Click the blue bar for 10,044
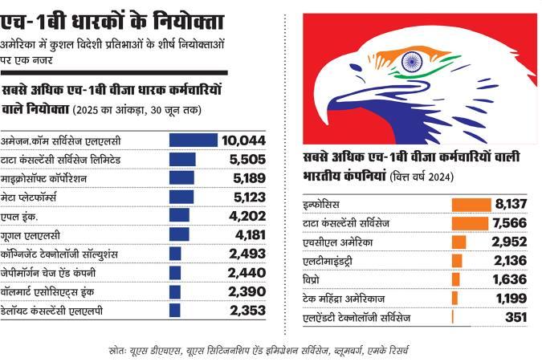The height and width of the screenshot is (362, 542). point(193,140)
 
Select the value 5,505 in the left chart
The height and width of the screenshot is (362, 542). point(247,159)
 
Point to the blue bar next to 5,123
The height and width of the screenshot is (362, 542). point(181,197)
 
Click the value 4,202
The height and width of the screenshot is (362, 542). point(247,215)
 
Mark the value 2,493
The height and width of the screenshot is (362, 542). point(247,254)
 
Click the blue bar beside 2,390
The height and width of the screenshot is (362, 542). point(175,291)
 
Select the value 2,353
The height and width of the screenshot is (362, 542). point(247,311)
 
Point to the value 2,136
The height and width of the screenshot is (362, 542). point(508,261)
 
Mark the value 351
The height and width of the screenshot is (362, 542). point(514,317)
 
